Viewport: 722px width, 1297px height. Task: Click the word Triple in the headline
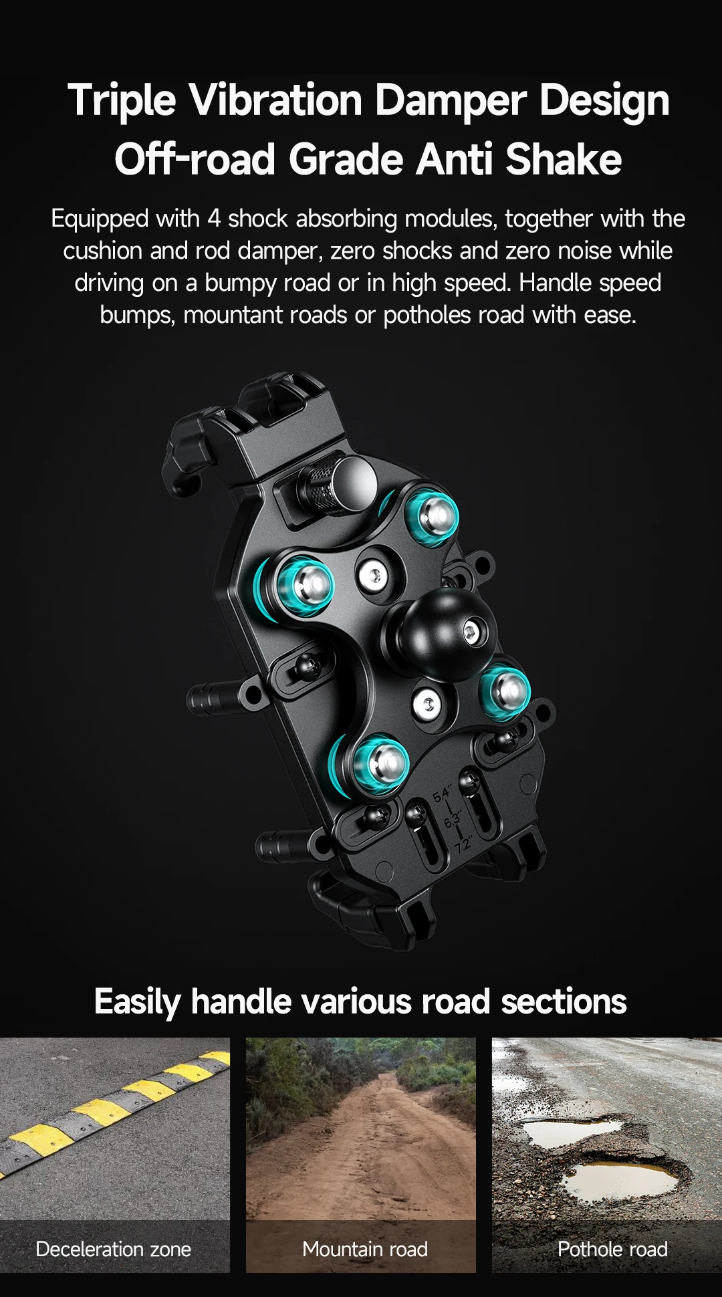[122, 101]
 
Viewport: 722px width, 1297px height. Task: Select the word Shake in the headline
[564, 160]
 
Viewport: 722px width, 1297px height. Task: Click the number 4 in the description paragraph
[214, 219]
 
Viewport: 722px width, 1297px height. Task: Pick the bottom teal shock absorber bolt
[379, 763]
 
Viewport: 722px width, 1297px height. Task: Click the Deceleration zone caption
[114, 1249]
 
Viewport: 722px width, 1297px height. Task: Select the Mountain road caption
[365, 1249]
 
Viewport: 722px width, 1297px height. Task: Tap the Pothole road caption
[612, 1249]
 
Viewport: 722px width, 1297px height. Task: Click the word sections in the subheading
[564, 1001]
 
